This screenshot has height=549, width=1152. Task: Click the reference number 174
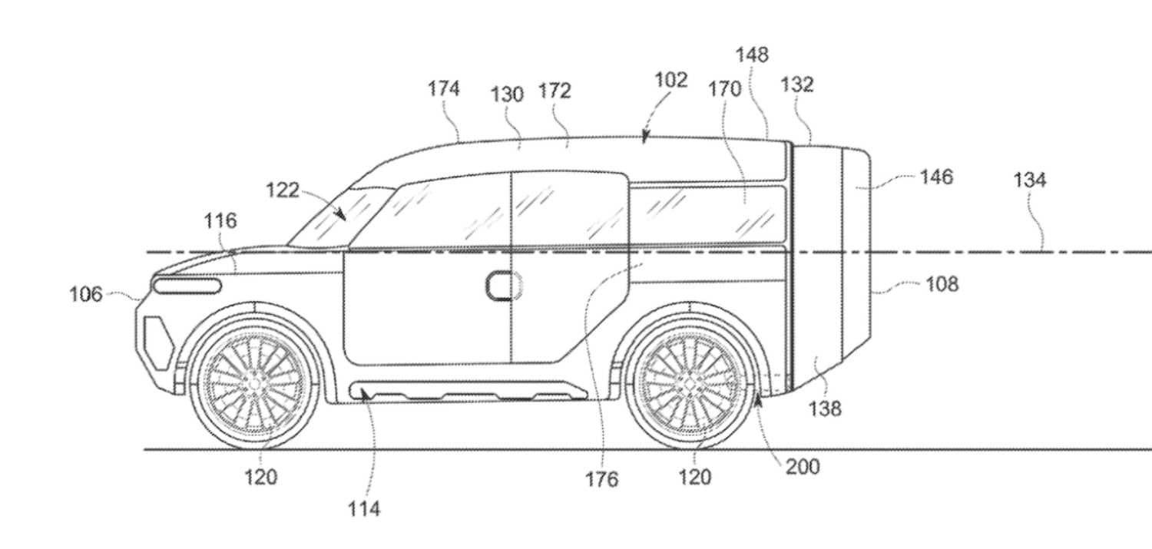(x=444, y=89)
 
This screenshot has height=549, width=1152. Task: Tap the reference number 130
(x=507, y=94)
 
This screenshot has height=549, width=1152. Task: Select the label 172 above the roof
(x=554, y=91)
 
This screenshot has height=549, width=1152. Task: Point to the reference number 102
(x=671, y=80)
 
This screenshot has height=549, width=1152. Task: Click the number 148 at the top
(x=752, y=55)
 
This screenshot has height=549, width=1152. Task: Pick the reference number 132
(x=797, y=84)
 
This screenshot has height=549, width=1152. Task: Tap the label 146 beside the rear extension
(x=936, y=177)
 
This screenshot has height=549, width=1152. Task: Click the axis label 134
(x=1029, y=180)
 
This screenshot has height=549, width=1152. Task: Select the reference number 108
(x=942, y=284)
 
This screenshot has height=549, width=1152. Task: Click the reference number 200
(x=803, y=466)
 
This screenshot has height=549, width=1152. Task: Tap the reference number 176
(x=601, y=479)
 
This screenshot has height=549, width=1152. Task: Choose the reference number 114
(x=364, y=508)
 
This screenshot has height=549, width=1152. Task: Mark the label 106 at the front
(x=86, y=294)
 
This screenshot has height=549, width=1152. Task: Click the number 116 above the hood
(x=220, y=222)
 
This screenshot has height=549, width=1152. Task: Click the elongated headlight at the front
(x=187, y=286)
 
